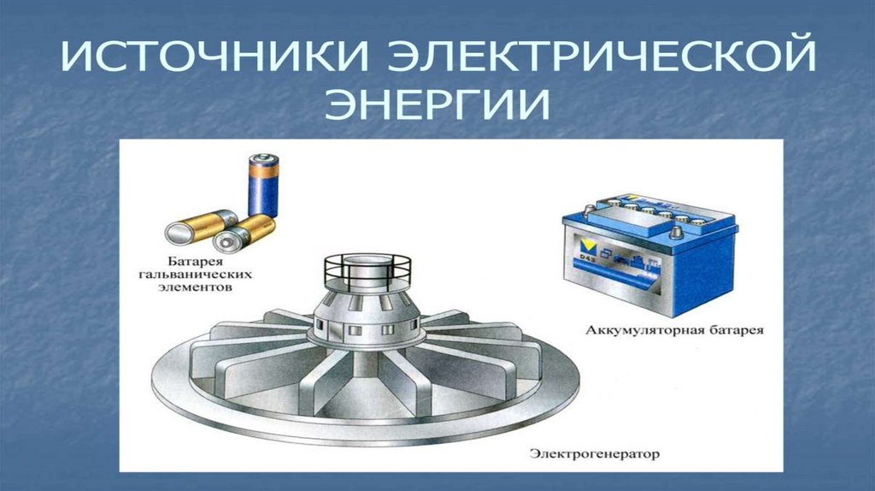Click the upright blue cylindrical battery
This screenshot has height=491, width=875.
(x=263, y=186)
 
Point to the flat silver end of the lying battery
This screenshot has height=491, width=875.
(x=178, y=233)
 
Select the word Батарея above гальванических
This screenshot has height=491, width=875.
(x=196, y=262)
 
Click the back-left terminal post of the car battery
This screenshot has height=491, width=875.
(x=590, y=210)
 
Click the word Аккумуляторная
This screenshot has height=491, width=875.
(x=636, y=329)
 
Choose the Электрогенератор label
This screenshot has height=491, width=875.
(x=595, y=453)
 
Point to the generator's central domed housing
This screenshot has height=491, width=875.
(x=366, y=314)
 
